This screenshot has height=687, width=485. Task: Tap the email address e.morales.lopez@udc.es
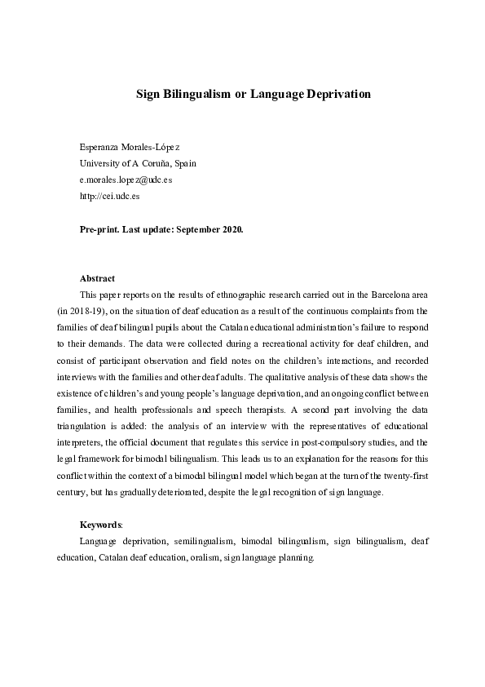[126, 180]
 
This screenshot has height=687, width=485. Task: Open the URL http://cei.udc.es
[110, 196]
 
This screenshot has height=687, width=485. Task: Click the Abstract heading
[97, 278]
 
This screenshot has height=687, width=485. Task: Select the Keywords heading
[100, 524]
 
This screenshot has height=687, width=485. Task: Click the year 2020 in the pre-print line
[232, 230]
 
